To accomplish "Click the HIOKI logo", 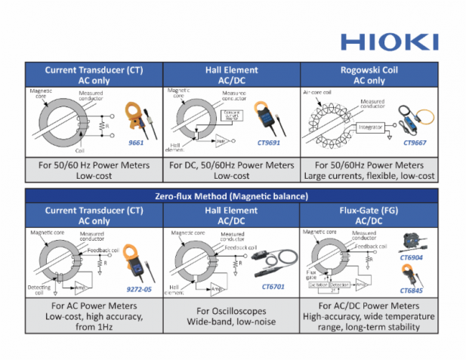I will pyautogui.click(x=388, y=41).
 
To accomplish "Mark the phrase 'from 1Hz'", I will pyautogui.click(x=94, y=327).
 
